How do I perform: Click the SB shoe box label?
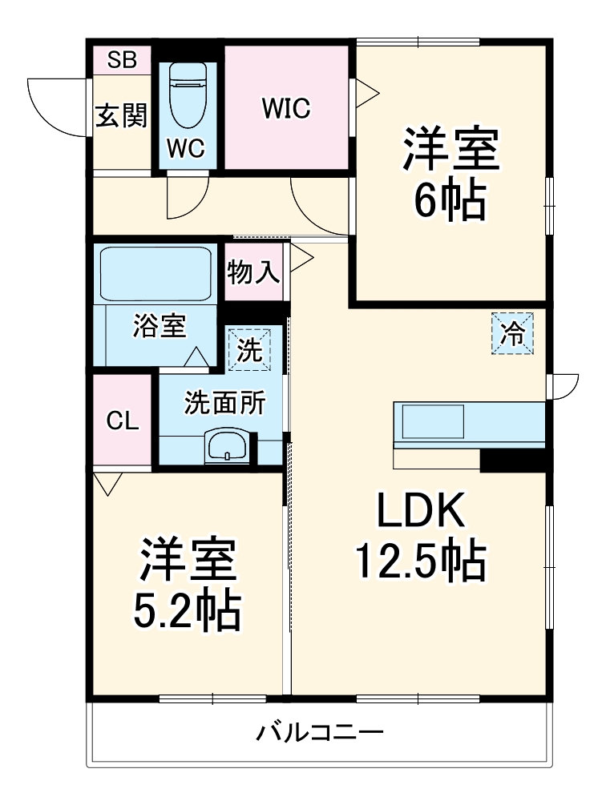pos(123,59)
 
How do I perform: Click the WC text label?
pos(187,147)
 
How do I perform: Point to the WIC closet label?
pos(286,108)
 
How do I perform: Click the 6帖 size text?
pos(450,201)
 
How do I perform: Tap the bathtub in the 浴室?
pos(155,273)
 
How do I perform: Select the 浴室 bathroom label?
pos(160,326)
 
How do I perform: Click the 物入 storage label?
pos(253,274)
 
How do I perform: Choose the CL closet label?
pos(123,421)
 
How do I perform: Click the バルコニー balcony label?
pos(320,731)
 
